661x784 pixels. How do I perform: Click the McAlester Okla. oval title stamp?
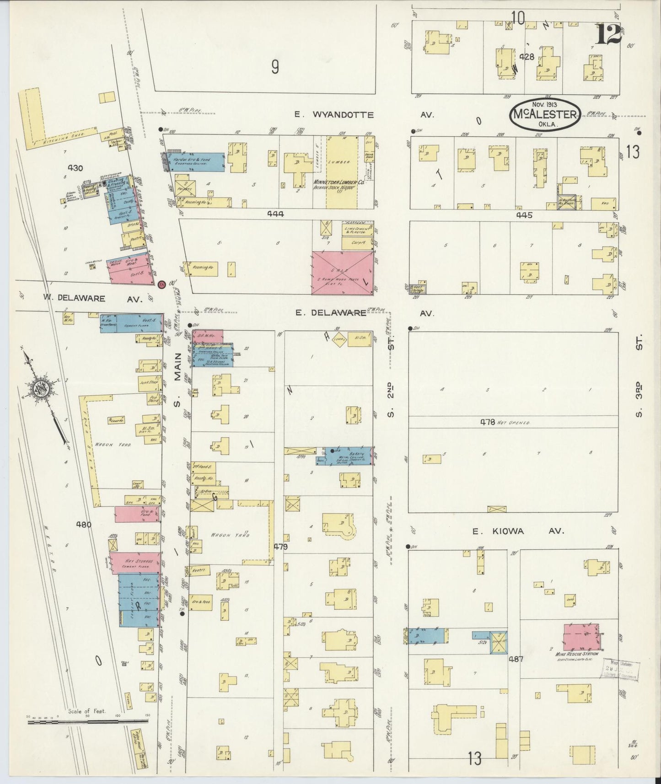tap(545, 113)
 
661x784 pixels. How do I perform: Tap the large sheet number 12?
tap(608, 34)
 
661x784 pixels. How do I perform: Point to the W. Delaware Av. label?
tap(93, 298)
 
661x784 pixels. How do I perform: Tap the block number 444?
tap(276, 214)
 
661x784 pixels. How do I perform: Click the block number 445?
tap(524, 215)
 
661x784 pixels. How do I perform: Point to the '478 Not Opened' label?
tap(505, 422)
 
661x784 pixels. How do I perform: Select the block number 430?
tap(75, 168)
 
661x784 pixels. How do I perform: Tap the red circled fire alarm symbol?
tap(161, 285)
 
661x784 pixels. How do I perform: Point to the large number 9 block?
tap(274, 67)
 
